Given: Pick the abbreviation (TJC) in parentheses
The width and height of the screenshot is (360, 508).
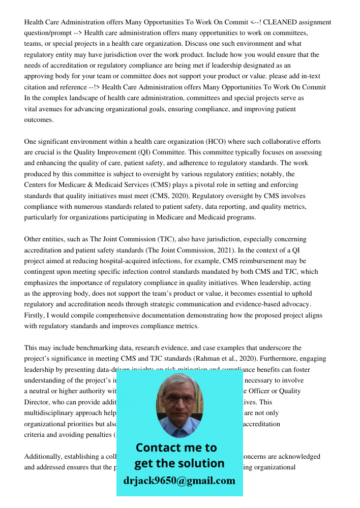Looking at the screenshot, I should (x=131, y=239).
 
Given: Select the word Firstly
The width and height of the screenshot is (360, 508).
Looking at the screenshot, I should (x=35, y=315).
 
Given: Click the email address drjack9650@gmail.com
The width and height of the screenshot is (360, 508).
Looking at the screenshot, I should (x=179, y=481).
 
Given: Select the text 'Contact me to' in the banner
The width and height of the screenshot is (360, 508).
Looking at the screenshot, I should (x=176, y=448).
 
